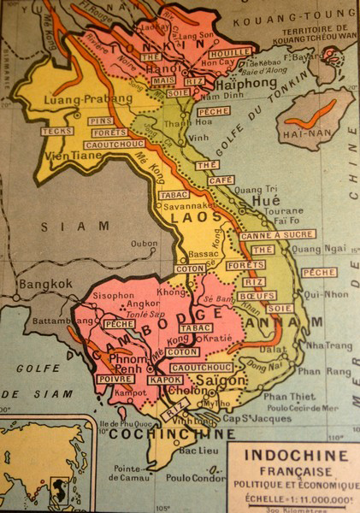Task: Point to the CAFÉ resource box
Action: coord(221,180)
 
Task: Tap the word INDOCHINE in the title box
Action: coord(295,454)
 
